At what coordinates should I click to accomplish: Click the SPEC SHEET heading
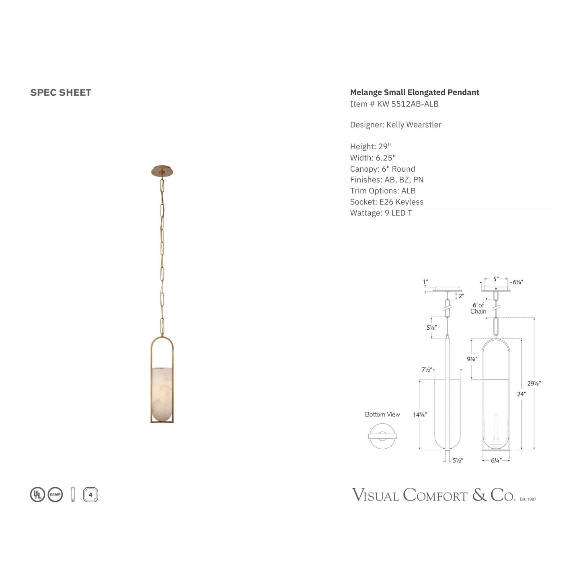pyautogui.click(x=61, y=92)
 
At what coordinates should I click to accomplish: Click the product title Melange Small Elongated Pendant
pyautogui.click(x=415, y=92)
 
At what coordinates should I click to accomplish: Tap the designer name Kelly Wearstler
pyautogui.click(x=414, y=125)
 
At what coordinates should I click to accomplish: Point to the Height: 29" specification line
pyautogui.click(x=370, y=146)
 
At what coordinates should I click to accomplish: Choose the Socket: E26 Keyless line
pyautogui.click(x=386, y=202)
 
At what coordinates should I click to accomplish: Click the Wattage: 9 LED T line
pyautogui.click(x=381, y=213)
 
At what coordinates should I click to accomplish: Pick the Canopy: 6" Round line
pyautogui.click(x=382, y=169)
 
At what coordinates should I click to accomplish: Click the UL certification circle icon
pyautogui.click(x=37, y=495)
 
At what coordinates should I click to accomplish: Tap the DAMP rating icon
pyautogui.click(x=55, y=495)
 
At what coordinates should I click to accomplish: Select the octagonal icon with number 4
pyautogui.click(x=90, y=495)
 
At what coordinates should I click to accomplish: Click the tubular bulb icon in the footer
pyautogui.click(x=73, y=495)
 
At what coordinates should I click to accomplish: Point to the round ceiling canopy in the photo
pyautogui.click(x=163, y=170)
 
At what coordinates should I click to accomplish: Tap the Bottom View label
pyautogui.click(x=382, y=415)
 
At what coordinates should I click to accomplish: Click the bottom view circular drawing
pyautogui.click(x=382, y=436)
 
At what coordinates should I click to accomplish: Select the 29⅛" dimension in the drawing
pyautogui.click(x=534, y=384)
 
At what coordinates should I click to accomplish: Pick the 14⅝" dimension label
pyautogui.click(x=420, y=415)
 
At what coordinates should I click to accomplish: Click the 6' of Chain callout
pyautogui.click(x=478, y=308)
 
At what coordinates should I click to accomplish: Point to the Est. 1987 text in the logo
pyautogui.click(x=528, y=499)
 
